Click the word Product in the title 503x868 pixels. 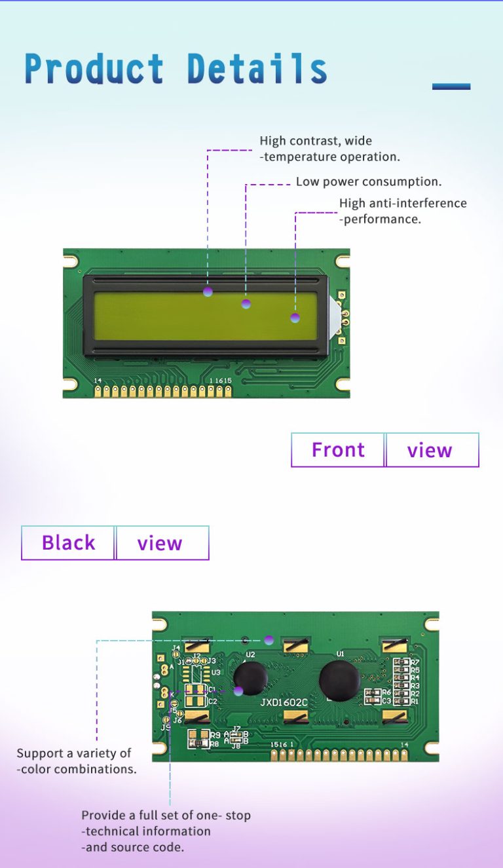[94, 68]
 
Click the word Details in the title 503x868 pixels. [257, 68]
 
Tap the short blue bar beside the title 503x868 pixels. [451, 86]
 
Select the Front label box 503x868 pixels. [338, 450]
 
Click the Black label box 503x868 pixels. [68, 543]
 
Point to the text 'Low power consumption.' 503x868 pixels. [369, 181]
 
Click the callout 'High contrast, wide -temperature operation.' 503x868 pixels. [329, 149]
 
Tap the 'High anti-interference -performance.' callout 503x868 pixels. [403, 211]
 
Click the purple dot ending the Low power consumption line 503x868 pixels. [246, 303]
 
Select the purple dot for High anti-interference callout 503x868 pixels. [295, 318]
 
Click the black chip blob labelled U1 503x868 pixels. [339, 680]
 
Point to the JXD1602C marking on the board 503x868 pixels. [284, 702]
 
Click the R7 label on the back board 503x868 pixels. [415, 663]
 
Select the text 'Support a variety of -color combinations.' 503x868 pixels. [77, 761]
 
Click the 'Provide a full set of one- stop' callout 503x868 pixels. [166, 816]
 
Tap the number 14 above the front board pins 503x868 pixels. [98, 381]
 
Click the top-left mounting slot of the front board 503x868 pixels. [71, 261]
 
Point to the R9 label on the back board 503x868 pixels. [215, 735]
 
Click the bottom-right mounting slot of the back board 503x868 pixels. [431, 747]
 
